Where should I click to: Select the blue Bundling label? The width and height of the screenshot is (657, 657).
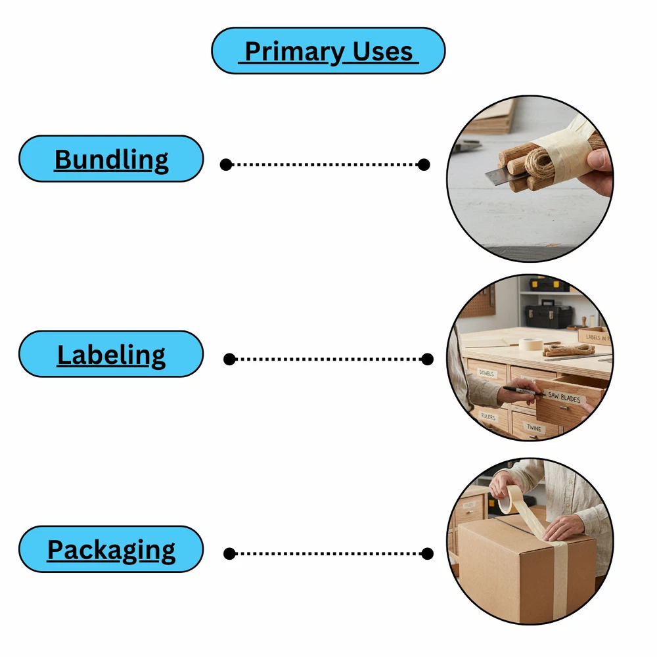(111, 159)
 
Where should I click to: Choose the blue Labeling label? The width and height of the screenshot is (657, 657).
(111, 354)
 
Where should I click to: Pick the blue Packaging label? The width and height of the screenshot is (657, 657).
(111, 549)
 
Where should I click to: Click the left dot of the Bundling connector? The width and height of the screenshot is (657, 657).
(226, 164)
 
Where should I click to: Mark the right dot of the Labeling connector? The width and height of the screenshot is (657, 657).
(427, 359)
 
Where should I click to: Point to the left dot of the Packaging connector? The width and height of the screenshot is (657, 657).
(229, 554)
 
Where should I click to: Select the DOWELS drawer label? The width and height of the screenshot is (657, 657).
(486, 373)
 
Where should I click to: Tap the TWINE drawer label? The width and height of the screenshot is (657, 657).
(535, 428)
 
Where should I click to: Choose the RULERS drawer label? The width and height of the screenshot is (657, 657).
(487, 416)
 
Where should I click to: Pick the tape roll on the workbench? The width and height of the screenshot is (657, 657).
(531, 344)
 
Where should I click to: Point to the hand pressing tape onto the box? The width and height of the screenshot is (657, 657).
(562, 526)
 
